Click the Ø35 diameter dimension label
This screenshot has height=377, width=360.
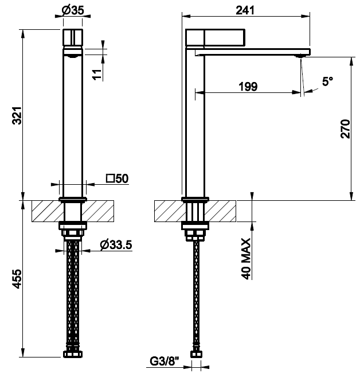click(73, 10)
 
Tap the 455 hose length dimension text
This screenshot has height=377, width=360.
click(17, 279)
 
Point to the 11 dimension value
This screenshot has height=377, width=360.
click(97, 75)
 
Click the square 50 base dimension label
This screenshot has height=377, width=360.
click(118, 178)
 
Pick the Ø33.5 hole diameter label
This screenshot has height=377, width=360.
click(116, 245)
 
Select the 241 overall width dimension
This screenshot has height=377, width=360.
click(245, 10)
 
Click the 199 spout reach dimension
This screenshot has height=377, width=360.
click(248, 86)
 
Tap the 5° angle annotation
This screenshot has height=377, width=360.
click(327, 81)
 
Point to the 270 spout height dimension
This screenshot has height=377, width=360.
click(345, 129)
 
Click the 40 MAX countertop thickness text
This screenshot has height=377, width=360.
click(245, 259)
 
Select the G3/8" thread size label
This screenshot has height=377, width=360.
click(165, 361)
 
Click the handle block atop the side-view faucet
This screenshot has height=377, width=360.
click(216, 37)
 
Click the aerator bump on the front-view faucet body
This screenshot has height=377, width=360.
click(73, 56)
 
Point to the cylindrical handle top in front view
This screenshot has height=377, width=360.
click(73, 37)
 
